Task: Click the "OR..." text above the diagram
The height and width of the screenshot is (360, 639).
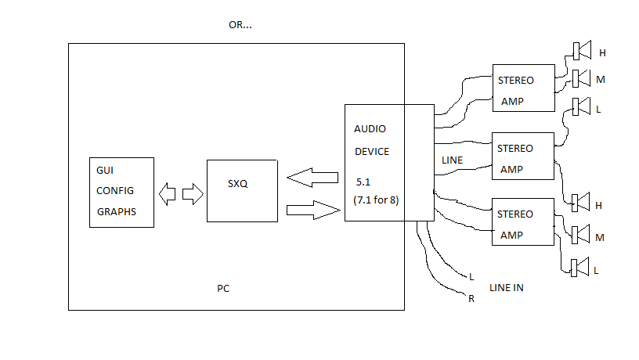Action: click(x=240, y=25)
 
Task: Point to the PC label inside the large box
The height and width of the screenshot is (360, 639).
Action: click(x=223, y=288)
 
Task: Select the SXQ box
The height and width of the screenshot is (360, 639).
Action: click(x=243, y=191)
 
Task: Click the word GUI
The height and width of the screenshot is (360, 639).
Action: click(x=105, y=171)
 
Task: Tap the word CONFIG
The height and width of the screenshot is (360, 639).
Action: click(x=115, y=191)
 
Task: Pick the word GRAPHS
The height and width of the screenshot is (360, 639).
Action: click(x=117, y=212)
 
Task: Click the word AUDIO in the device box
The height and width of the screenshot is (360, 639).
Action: click(x=370, y=129)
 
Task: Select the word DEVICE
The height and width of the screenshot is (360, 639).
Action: click(x=372, y=152)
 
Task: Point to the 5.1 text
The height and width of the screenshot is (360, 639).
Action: click(x=363, y=182)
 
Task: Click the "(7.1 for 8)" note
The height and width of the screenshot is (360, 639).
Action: click(x=376, y=200)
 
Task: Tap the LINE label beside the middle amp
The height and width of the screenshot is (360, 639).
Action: click(x=453, y=160)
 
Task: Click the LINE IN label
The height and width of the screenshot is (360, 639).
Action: click(x=507, y=287)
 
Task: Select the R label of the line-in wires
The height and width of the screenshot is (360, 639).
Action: click(x=471, y=299)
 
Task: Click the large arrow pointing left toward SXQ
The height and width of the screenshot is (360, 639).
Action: click(x=312, y=178)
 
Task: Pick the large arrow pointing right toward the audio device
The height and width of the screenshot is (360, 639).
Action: click(x=313, y=211)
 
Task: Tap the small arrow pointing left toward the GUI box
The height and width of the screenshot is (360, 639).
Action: click(x=167, y=194)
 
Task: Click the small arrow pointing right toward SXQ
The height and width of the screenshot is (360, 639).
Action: click(x=193, y=194)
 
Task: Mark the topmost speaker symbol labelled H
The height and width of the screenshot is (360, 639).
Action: click(x=582, y=51)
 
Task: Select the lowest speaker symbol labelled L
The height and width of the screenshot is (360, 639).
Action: click(x=580, y=268)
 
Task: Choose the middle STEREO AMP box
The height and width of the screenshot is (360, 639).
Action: click(x=523, y=156)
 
